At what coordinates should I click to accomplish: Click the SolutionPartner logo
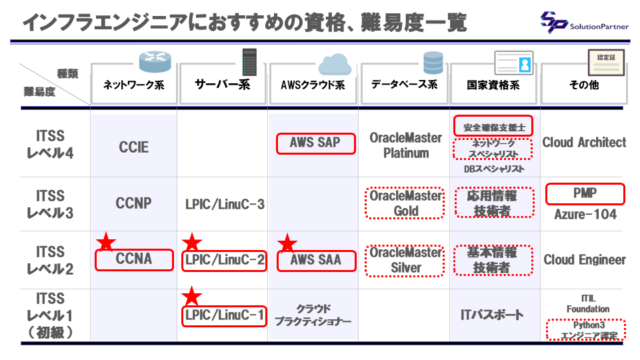[x=584, y=22]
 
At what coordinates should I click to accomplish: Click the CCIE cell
[x=134, y=147]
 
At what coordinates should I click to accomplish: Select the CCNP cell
[x=133, y=203]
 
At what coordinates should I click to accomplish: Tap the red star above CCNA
[x=106, y=241]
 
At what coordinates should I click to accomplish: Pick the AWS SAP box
[x=315, y=143]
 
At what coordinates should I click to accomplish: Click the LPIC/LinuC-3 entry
[x=225, y=204]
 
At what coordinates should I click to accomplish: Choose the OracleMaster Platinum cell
[x=406, y=145]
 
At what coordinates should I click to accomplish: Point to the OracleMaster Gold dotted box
[x=405, y=203]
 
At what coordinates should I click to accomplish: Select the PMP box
[x=585, y=193]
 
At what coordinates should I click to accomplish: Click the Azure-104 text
[x=585, y=214]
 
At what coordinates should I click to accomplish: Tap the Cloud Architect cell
[x=584, y=143]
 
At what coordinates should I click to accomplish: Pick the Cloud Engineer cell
[x=585, y=259]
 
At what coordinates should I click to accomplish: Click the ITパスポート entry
[x=492, y=315]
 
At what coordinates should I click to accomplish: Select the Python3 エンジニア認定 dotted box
[x=586, y=330]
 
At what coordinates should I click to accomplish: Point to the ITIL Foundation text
[x=588, y=304]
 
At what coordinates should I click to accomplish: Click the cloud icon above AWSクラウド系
[x=335, y=64]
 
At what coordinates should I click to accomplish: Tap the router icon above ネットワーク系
[x=155, y=61]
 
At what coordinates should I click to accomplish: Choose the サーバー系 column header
[x=223, y=85]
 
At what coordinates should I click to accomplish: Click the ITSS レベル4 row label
[x=50, y=145]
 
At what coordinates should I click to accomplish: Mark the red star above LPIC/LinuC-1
[x=192, y=296]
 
